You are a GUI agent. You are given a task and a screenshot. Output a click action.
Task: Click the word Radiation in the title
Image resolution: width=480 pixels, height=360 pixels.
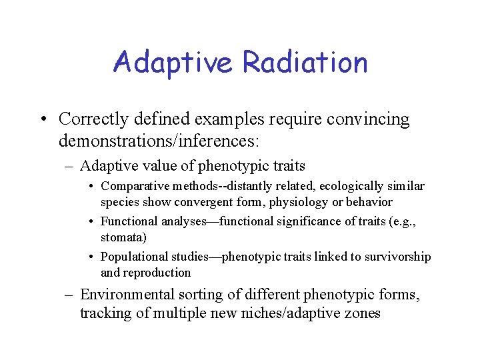tap(305, 62)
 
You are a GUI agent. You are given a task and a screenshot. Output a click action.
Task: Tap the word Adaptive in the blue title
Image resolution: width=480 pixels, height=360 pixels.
tap(173, 62)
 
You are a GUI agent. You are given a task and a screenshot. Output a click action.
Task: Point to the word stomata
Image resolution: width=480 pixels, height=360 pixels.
tap(122, 237)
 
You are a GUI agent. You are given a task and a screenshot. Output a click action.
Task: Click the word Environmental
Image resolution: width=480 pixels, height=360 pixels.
tap(127, 294)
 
